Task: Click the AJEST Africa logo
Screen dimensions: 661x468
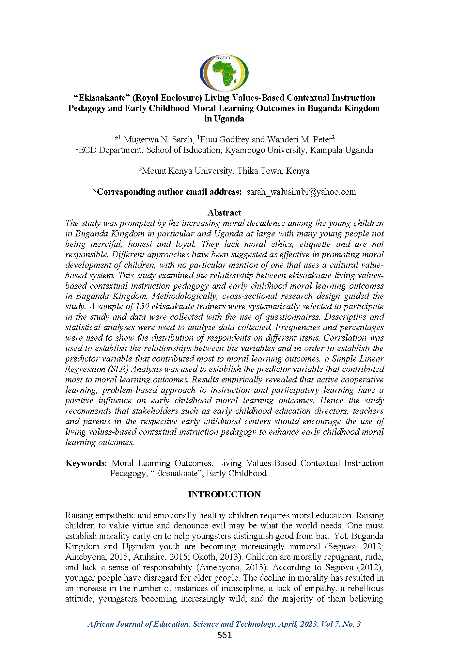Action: tap(224, 73)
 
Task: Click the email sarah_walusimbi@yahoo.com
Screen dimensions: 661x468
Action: tap(301, 192)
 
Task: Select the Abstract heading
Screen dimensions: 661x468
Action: tap(224, 213)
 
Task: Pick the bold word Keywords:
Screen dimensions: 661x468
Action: tap(86, 463)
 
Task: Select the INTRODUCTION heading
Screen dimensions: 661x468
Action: tap(224, 494)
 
